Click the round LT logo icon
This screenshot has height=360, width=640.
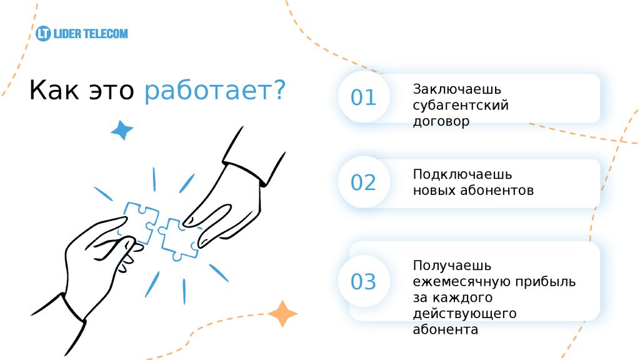coord(43,33)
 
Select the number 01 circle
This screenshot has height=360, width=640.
coord(363,98)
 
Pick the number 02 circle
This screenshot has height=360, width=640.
coord(363,182)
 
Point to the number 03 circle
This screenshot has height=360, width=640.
coord(363,281)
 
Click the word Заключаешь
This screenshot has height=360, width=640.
coord(457,90)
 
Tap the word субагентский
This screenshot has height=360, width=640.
coord(461,106)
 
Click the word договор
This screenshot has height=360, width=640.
coord(441,122)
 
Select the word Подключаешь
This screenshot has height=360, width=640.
coord(462,174)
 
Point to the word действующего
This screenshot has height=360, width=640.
coord(464,314)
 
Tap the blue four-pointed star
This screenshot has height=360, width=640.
coord(122,129)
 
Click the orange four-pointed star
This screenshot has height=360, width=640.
coord(282,314)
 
